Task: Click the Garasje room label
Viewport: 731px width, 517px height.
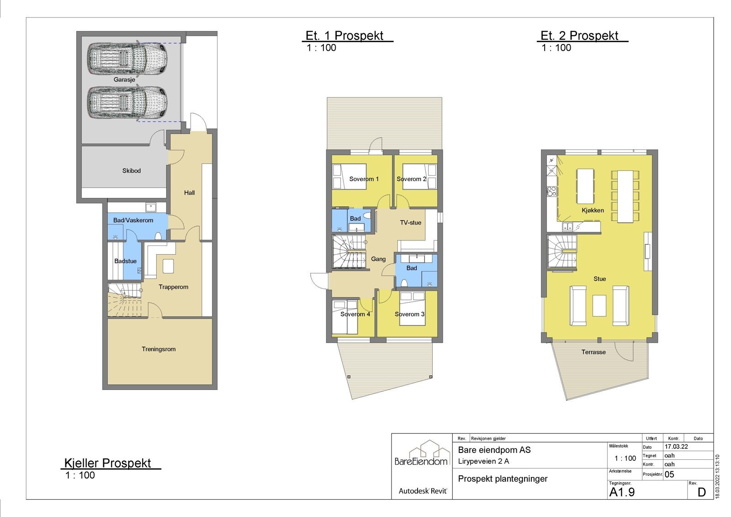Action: (124, 80)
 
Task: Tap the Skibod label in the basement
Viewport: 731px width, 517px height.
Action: (132, 171)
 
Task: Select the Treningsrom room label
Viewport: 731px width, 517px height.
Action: (159, 349)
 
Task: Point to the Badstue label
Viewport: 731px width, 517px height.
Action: (125, 261)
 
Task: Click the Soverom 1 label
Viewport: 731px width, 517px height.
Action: (364, 179)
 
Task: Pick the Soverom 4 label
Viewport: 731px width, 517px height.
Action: (355, 314)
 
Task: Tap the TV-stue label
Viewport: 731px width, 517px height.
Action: (411, 223)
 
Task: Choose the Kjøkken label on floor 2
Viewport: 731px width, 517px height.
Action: (593, 210)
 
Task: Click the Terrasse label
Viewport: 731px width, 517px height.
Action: (593, 352)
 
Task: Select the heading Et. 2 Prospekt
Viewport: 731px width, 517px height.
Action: (579, 36)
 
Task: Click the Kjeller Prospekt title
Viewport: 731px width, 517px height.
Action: (107, 463)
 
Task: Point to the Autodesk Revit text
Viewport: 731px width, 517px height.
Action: (423, 491)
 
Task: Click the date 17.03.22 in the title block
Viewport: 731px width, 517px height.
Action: (676, 447)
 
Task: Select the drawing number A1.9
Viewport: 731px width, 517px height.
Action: (622, 492)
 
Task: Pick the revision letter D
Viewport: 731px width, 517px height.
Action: (702, 492)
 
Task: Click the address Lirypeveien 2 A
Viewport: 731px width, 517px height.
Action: (483, 461)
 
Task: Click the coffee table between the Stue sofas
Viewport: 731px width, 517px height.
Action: (599, 305)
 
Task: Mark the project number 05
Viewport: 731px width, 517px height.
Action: (669, 474)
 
